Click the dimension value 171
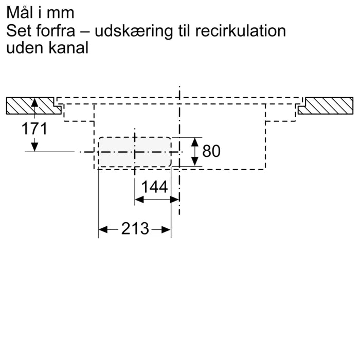click(34, 129)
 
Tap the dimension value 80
click(211, 151)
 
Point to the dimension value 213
click(135, 229)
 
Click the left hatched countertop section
click(32, 106)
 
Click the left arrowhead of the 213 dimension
click(102, 229)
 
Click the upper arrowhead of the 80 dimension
click(195, 141)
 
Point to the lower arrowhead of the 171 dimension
click(34, 148)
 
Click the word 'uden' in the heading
click(23, 48)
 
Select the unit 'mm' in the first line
click(63, 12)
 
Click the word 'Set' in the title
click(19, 30)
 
